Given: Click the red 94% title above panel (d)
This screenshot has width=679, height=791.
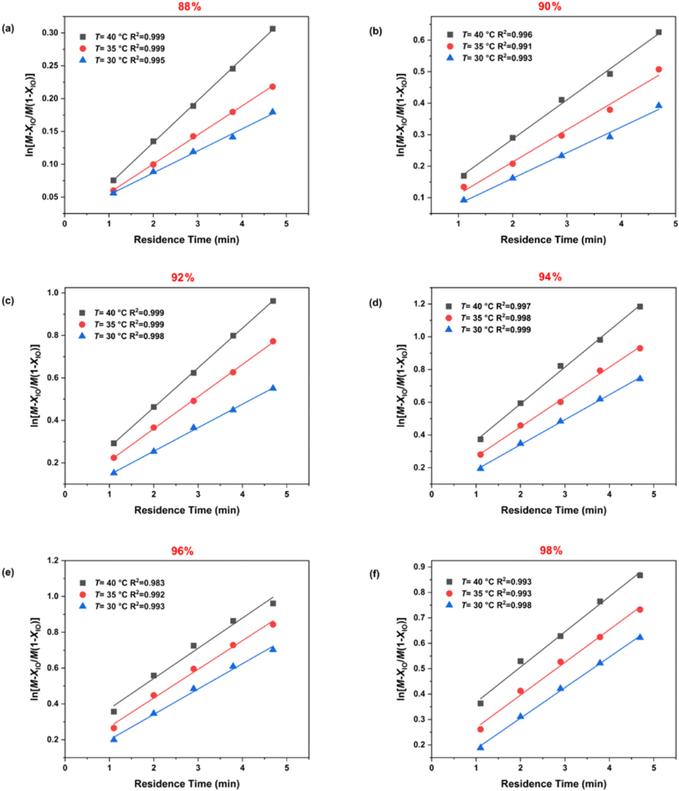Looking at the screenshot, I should click(549, 277).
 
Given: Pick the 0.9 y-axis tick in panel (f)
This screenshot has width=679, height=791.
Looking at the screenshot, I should click(417, 567).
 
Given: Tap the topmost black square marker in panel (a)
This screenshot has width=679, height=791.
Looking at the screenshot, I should click(272, 29).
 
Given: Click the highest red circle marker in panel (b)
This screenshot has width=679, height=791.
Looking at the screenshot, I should click(638, 70).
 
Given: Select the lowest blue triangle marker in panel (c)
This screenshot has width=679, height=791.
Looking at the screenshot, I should click(113, 472).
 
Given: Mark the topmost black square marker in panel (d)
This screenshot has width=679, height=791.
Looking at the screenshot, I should click(640, 307).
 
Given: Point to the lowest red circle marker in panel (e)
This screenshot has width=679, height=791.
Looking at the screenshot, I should click(113, 728).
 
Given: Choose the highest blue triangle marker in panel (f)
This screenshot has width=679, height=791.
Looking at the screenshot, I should click(640, 637).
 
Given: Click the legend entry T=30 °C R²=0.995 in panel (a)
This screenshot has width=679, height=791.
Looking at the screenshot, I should click(133, 60).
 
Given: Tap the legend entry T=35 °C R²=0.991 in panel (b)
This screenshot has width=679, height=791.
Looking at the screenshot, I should click(501, 47).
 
